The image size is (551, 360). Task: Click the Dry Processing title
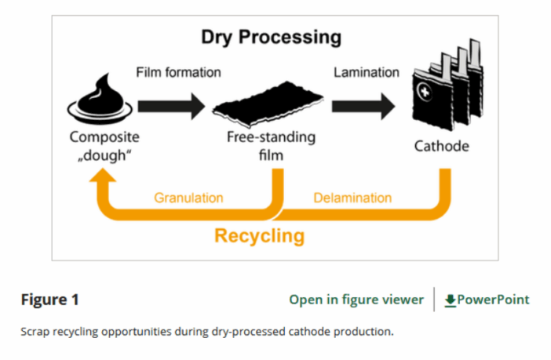click(272, 37)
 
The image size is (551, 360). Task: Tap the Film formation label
click(178, 72)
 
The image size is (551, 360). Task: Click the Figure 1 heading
click(49, 300)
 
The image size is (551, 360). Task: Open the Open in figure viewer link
click(356, 300)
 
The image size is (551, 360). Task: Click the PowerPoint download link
click(493, 300)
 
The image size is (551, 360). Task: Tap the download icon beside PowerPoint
click(450, 300)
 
